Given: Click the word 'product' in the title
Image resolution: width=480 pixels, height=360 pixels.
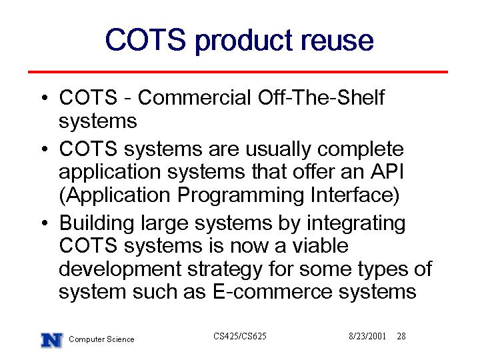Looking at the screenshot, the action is [243, 41].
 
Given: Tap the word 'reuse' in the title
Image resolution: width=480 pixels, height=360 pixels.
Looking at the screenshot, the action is [337, 41].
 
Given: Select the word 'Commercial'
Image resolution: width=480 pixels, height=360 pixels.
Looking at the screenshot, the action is [194, 97].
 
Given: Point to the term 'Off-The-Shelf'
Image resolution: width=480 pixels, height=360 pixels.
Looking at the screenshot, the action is [321, 97].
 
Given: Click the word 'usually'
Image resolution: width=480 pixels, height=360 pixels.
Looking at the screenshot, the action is [278, 150].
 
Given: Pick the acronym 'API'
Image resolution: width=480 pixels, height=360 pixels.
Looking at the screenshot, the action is [387, 171].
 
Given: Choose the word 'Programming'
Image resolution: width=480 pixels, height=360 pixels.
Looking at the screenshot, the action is [241, 195].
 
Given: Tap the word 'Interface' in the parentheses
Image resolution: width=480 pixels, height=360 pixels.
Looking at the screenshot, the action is [352, 195].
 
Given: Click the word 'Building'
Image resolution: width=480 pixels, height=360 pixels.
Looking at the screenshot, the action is [97, 223].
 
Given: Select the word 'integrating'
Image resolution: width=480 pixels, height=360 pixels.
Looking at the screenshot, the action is [356, 223].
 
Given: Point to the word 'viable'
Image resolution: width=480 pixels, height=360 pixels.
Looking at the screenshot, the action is [319, 245].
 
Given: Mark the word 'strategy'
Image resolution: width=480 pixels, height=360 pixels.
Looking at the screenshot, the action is [225, 269].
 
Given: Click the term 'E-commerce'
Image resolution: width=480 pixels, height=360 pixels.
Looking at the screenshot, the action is [272, 292].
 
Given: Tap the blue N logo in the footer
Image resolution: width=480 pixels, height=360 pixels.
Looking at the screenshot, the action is [52, 340].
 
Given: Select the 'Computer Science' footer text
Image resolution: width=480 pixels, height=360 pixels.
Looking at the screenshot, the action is [101, 339].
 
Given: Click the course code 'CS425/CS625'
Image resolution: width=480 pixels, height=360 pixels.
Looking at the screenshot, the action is [240, 336].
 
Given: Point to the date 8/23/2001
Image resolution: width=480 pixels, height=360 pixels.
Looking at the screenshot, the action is [367, 336].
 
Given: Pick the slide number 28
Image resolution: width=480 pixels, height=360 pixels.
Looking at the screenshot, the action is [401, 336].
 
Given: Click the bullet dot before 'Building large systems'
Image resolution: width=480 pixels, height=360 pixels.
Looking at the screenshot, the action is [45, 223].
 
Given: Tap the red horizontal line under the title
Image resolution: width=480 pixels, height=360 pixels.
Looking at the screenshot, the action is [238, 72].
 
